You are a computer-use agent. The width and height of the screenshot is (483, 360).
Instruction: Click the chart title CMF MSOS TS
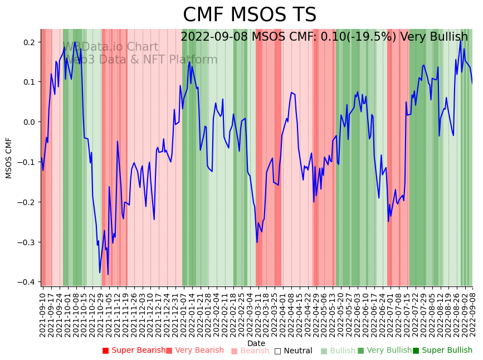pos(250,15)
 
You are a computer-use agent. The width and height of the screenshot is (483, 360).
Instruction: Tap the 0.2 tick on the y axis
pos(29,42)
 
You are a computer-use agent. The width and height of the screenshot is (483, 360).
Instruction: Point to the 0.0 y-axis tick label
pos(29,122)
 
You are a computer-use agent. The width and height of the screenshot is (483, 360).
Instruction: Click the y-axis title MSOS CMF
pos(9,158)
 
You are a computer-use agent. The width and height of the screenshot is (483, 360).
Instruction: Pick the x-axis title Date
pos(256,343)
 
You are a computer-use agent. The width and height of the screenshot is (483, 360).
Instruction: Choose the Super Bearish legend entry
pos(134,351)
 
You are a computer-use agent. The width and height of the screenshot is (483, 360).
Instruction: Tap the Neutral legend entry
pos(293,351)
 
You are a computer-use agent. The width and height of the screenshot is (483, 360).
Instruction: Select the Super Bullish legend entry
pos(442,351)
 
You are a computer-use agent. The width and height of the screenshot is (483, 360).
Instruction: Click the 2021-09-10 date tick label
pos(42,313)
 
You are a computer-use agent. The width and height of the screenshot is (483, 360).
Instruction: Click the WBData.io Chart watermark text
pos(111,47)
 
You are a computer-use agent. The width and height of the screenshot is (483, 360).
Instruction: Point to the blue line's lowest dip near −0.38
pos(108,274)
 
